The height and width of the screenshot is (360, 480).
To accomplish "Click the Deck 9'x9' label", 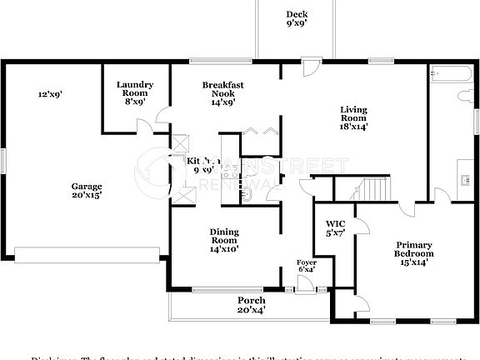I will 297,19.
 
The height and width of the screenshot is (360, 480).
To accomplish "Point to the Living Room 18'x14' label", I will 354,118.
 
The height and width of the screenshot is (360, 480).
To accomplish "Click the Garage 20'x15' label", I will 86,191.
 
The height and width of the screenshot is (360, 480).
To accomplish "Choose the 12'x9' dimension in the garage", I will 50,94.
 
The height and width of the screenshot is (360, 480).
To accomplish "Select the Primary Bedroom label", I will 413,252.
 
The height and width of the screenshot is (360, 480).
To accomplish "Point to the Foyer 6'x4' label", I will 307,266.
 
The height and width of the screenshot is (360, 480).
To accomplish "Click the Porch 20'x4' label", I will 252,306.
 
